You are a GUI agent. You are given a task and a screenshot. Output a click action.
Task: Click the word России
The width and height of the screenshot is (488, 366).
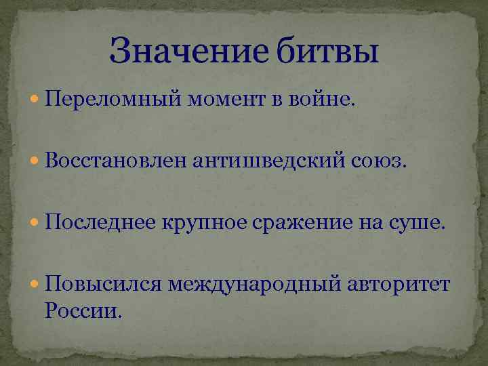click(x=85, y=310)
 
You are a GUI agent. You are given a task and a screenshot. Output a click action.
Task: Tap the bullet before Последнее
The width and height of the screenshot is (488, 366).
click(x=35, y=222)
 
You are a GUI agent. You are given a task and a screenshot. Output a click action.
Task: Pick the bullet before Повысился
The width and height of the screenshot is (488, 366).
click(x=35, y=283)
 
